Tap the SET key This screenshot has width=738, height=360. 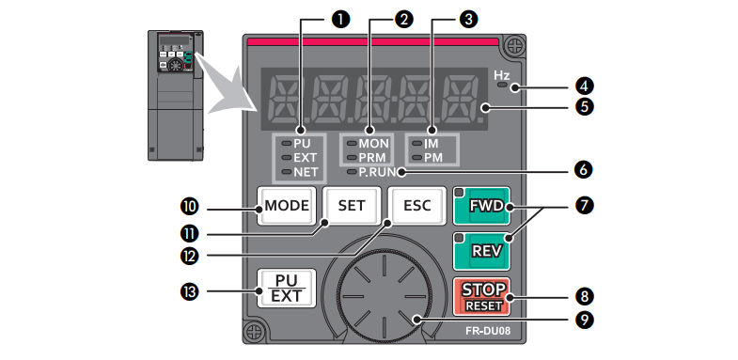point(352,206)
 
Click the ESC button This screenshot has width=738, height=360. point(417,206)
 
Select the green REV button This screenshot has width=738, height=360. point(481,251)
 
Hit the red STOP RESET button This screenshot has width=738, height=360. point(481,296)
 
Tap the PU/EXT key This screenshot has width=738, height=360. point(287,289)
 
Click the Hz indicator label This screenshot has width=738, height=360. point(502,75)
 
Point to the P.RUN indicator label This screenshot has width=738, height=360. point(378,172)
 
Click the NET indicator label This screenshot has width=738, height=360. point(306,172)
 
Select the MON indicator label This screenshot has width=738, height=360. point(373,144)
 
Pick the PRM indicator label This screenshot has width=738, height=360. point(372,158)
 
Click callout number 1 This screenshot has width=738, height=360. point(340,20)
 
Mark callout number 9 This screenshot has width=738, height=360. point(584,320)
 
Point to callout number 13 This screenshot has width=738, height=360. point(189,291)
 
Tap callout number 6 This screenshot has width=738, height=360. point(584,170)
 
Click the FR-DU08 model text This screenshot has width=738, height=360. point(488,330)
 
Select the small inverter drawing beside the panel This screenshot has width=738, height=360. point(176,95)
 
